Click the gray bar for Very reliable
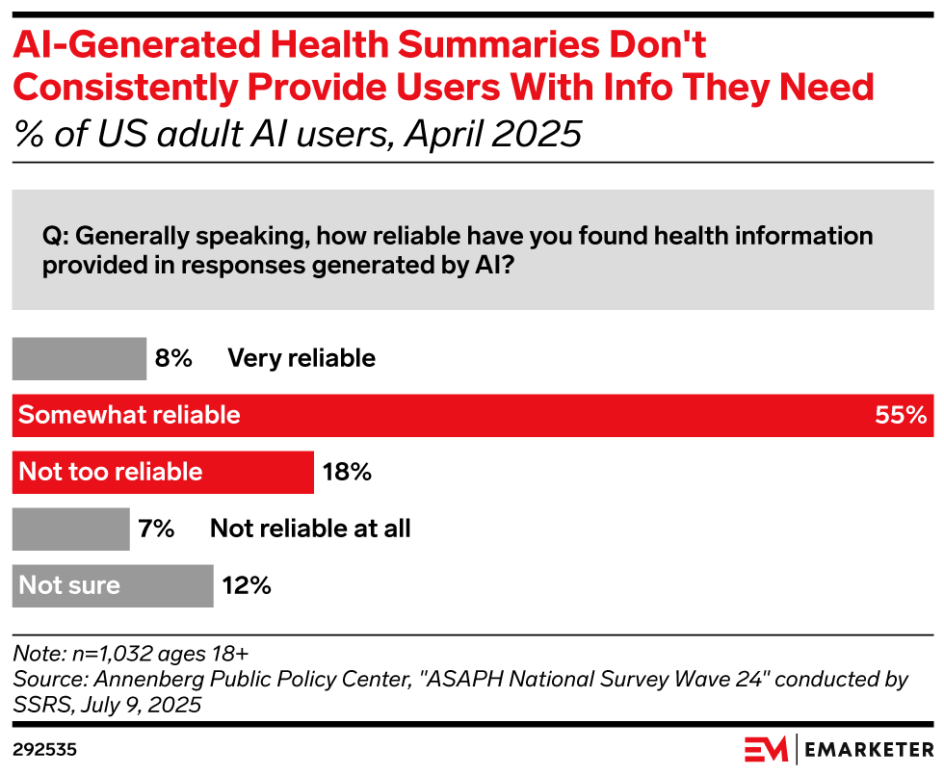[x=78, y=359]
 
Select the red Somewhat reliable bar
[x=472, y=415]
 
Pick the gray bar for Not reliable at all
[x=70, y=529]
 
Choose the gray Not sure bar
[x=112, y=585]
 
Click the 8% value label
[x=173, y=359]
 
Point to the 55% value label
[x=900, y=416]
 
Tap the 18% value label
[x=347, y=472]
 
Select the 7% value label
[x=156, y=529]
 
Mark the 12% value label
[x=247, y=585]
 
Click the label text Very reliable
[x=302, y=359]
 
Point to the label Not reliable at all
[x=310, y=529]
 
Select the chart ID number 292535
[x=44, y=749]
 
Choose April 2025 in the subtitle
[x=493, y=134]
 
